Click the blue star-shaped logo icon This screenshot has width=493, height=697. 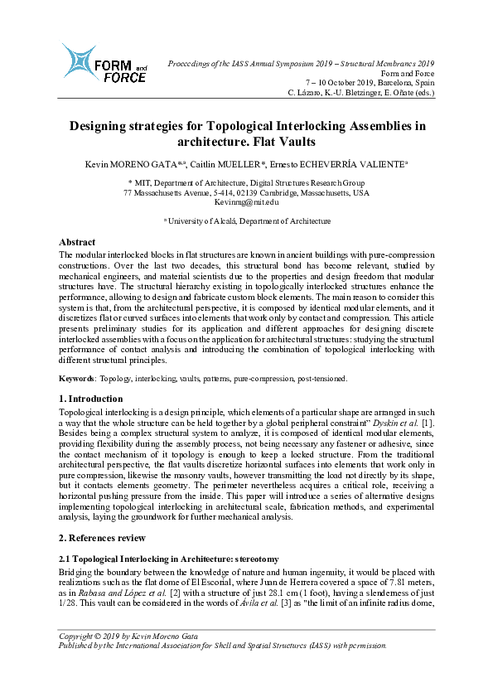(x=80, y=61)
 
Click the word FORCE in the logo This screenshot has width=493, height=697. (x=125, y=78)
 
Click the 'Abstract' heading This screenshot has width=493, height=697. (x=77, y=242)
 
